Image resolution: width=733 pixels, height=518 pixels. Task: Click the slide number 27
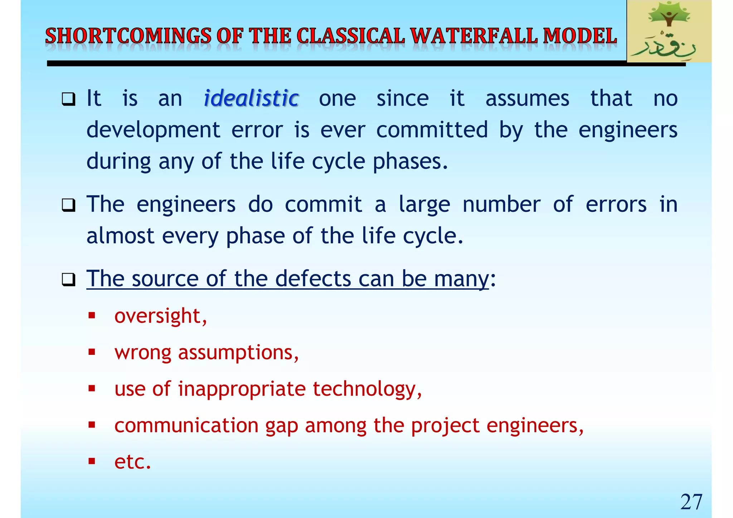point(691,502)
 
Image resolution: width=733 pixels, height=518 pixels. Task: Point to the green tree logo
point(669,31)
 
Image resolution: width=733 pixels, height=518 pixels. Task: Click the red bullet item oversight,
point(160,316)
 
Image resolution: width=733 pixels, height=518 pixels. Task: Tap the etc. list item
point(132,462)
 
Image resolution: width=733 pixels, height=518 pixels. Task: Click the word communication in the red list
point(186,425)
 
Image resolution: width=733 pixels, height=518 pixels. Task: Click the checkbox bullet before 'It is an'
point(68,99)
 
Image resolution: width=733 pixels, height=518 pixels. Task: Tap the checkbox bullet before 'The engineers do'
point(68,205)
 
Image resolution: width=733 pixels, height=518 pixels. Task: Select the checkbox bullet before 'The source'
point(68,279)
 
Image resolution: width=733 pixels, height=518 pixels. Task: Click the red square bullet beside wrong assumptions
point(92,352)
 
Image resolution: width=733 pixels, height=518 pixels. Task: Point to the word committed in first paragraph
point(432,129)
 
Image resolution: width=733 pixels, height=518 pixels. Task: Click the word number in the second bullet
point(501,205)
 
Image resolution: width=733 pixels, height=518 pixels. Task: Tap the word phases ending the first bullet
point(410,162)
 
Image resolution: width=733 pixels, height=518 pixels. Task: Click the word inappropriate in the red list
point(242,389)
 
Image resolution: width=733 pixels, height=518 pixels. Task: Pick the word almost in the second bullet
point(120,236)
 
